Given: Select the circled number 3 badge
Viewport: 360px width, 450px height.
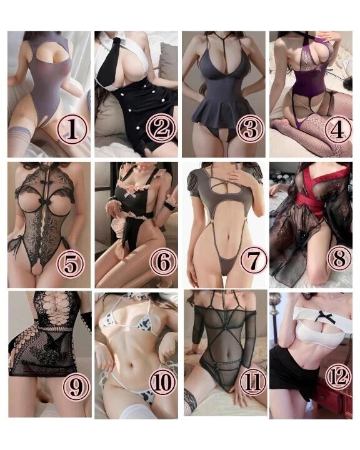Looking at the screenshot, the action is point(250,129).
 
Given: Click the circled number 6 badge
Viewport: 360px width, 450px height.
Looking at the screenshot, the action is point(164,262).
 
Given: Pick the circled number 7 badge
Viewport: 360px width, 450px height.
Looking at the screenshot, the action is point(254,260).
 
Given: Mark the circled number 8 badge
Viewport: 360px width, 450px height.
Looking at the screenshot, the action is point(339,257).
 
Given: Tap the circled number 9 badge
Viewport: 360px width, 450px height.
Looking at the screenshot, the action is point(76,387).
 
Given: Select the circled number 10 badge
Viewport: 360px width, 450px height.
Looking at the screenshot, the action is point(162,382).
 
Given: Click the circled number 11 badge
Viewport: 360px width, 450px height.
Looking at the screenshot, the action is point(252,382).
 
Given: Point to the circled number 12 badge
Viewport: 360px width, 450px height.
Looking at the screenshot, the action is point(339,377).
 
